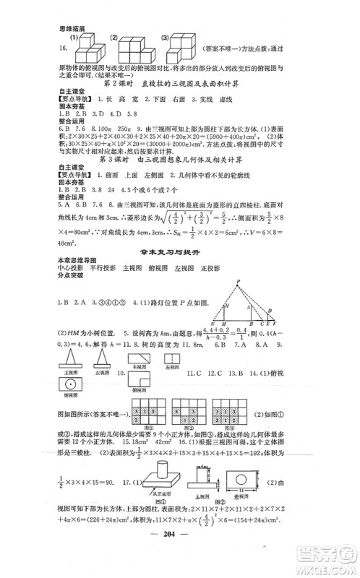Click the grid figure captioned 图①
click(145, 412)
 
